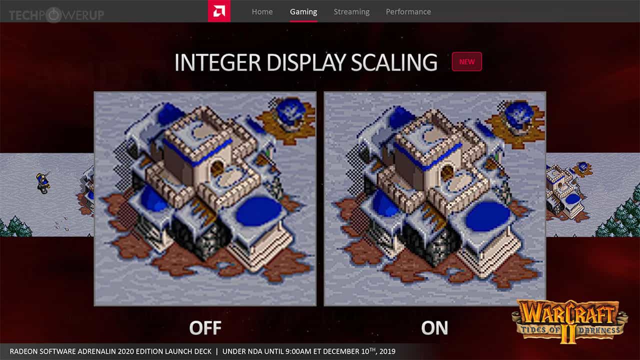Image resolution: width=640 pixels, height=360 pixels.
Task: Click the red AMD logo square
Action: [x=219, y=11]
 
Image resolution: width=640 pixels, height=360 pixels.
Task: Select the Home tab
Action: [x=262, y=11]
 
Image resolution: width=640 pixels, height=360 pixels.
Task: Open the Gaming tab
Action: [x=303, y=11]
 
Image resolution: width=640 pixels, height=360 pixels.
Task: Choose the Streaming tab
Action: [x=351, y=11]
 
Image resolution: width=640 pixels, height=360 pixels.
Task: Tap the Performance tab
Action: [x=408, y=11]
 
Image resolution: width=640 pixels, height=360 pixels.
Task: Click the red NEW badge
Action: [x=466, y=61]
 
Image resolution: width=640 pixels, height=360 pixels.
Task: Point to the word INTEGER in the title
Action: [x=218, y=62]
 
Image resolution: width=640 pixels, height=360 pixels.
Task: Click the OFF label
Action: [x=205, y=328]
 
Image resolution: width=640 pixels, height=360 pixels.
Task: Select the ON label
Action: [x=434, y=328]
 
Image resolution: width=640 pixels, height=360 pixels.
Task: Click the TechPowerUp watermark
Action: [x=56, y=15]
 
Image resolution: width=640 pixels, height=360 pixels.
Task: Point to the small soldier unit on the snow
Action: [x=43, y=182]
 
